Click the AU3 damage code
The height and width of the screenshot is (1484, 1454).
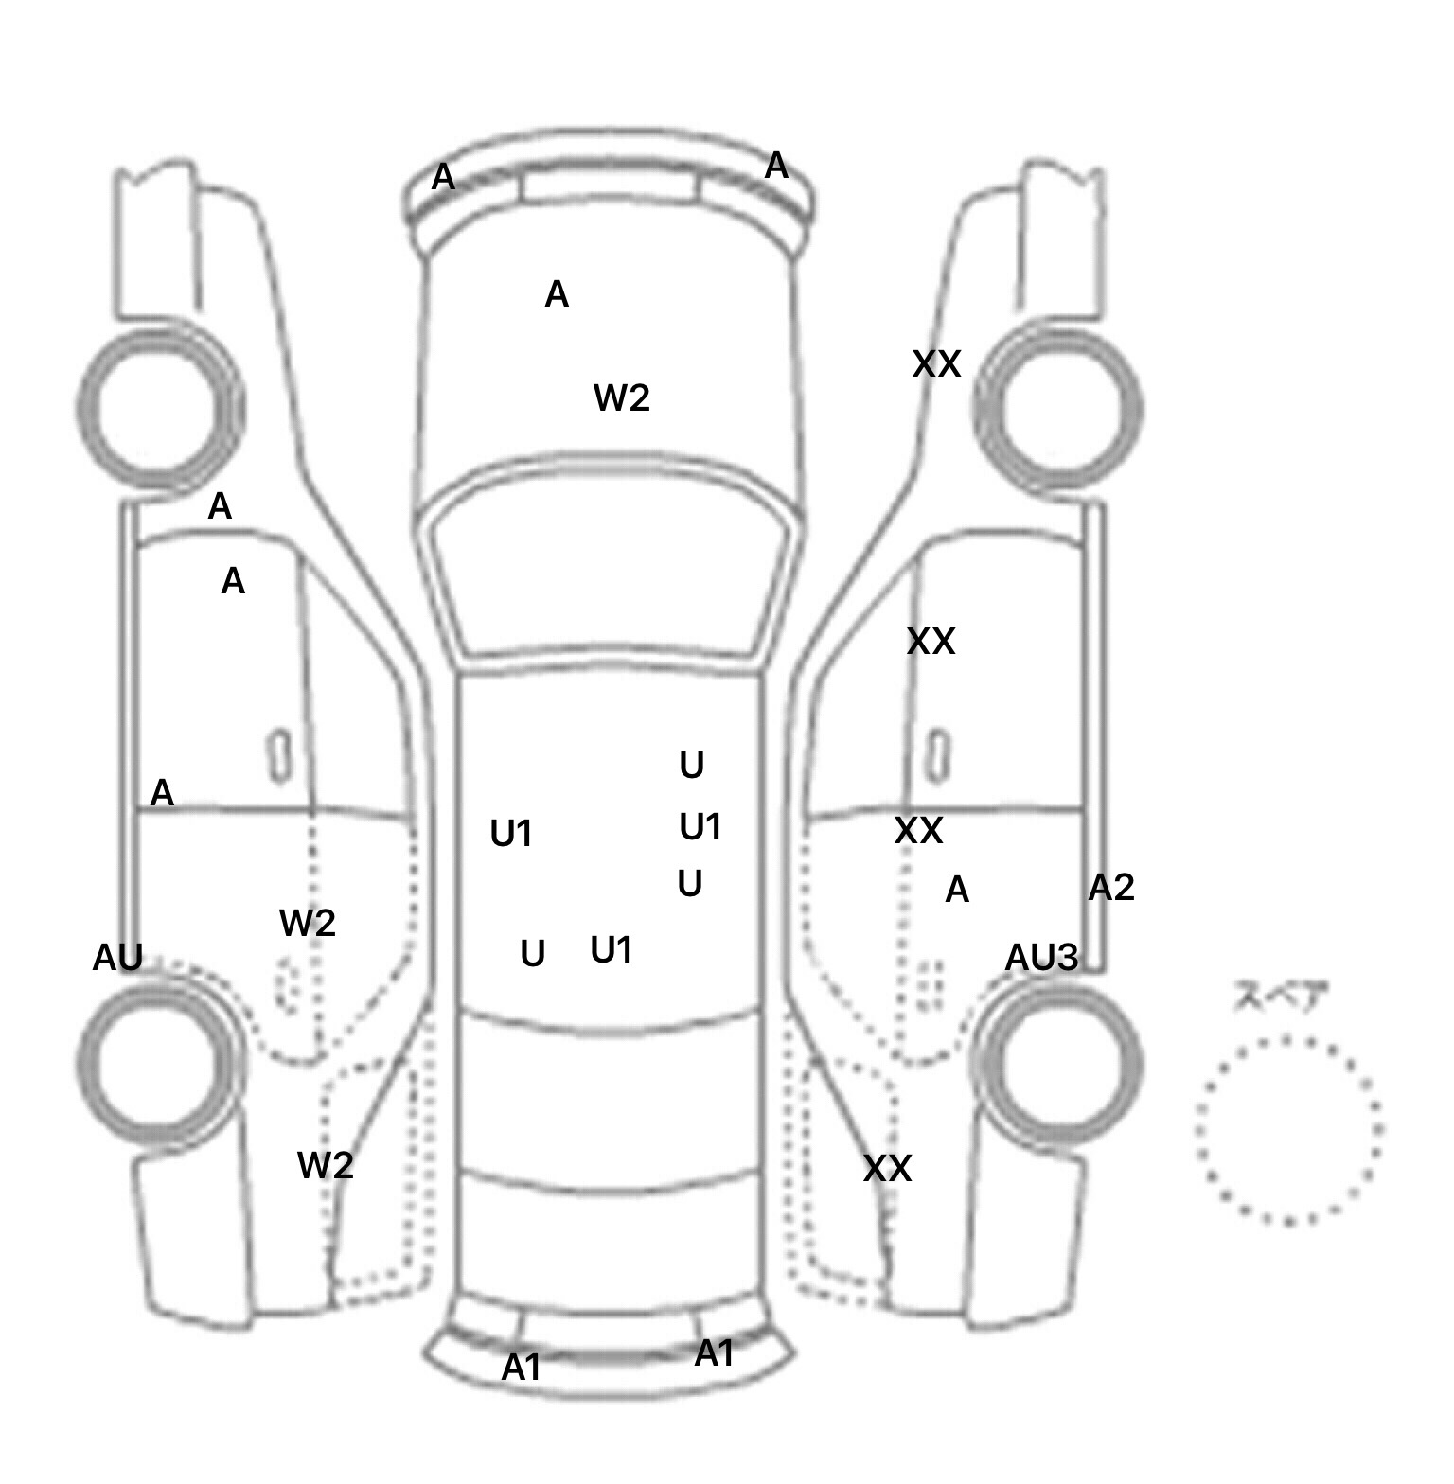pos(1040,958)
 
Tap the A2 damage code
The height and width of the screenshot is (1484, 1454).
pos(1110,888)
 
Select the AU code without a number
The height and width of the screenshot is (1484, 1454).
pos(117,958)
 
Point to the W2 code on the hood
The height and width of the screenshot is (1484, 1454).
pos(621,398)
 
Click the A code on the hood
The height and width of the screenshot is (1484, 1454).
pos(557,295)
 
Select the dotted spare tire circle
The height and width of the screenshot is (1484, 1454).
pos(1288,1130)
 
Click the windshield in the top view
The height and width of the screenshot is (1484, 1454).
pos(612,577)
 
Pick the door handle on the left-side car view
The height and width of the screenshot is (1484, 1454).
pos(280,755)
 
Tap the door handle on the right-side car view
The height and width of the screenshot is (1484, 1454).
pos(936,755)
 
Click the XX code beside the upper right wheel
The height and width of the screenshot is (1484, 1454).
pos(936,364)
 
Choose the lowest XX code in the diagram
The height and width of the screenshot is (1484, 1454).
pos(887,1170)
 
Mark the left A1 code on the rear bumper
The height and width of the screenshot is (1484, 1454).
pos(521,1368)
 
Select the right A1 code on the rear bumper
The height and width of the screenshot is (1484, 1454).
pos(714,1354)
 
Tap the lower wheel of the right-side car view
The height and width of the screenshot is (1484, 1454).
pos(1058,1062)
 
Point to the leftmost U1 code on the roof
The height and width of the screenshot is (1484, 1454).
pos(511,834)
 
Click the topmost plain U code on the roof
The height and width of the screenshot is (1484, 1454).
pos(691,766)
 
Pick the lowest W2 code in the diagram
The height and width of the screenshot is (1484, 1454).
pos(325,1165)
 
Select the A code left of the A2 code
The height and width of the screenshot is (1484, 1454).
pos(957,890)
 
